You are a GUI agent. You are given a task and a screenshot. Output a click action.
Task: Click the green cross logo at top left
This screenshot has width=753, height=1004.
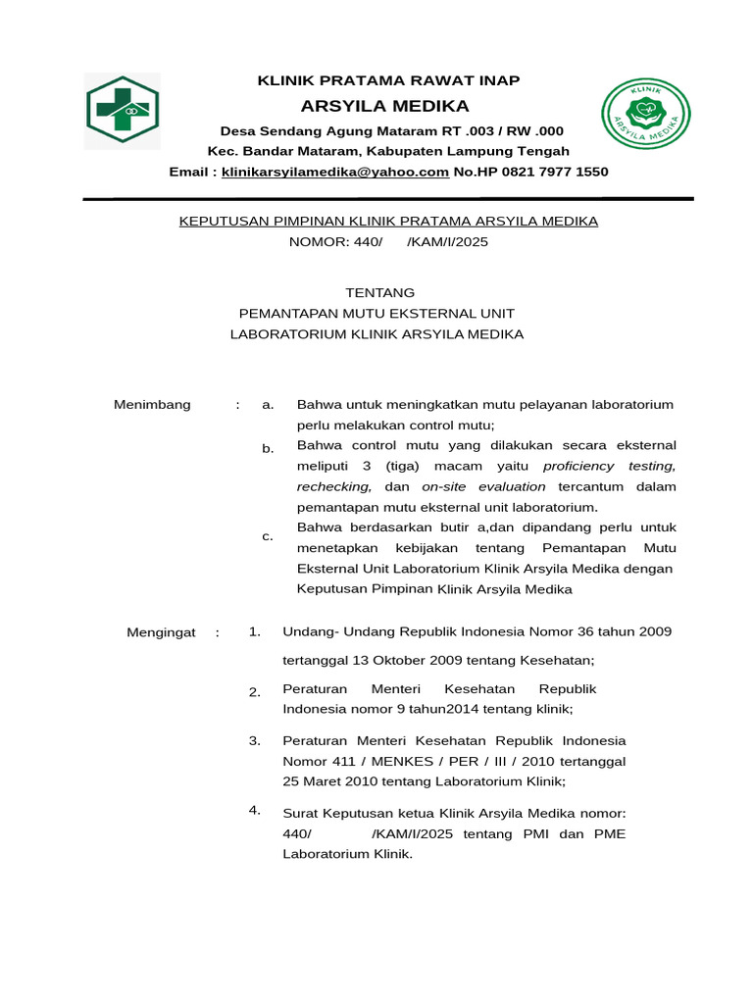pos(123,111)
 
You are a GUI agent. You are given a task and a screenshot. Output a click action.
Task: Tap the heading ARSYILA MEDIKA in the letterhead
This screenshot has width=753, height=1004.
pos(385,106)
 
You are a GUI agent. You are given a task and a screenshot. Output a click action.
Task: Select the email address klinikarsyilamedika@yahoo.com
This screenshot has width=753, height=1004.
pos(335,172)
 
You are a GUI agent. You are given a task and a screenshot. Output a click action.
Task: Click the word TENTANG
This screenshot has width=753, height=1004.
pos(380,292)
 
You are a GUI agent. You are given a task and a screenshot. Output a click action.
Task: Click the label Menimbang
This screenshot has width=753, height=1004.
pos(152,405)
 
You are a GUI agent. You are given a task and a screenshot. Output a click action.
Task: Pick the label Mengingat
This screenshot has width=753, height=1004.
pos(162,632)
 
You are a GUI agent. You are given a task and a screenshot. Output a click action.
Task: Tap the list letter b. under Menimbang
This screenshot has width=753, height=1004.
pos(268,448)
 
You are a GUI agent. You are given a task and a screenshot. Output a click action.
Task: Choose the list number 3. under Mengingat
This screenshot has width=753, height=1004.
pos(255,740)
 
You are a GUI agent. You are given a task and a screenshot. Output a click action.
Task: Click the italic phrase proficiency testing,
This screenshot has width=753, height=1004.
pos(609,466)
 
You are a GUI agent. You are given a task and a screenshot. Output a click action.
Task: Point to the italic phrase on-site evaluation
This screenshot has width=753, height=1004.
pos(483,486)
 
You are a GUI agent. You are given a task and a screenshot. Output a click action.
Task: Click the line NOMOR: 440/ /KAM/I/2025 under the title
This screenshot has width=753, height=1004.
pos(388,241)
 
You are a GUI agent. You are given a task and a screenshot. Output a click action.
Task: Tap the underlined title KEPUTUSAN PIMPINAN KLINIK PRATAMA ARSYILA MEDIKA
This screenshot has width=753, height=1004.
pos(388,221)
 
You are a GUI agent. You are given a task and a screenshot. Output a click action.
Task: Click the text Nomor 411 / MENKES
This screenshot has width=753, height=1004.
pos(354,761)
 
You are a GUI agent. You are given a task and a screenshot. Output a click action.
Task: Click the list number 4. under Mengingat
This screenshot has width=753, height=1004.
pos(255,809)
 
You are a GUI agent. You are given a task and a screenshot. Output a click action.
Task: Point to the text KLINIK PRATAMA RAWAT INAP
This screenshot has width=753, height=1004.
pos(388,80)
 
